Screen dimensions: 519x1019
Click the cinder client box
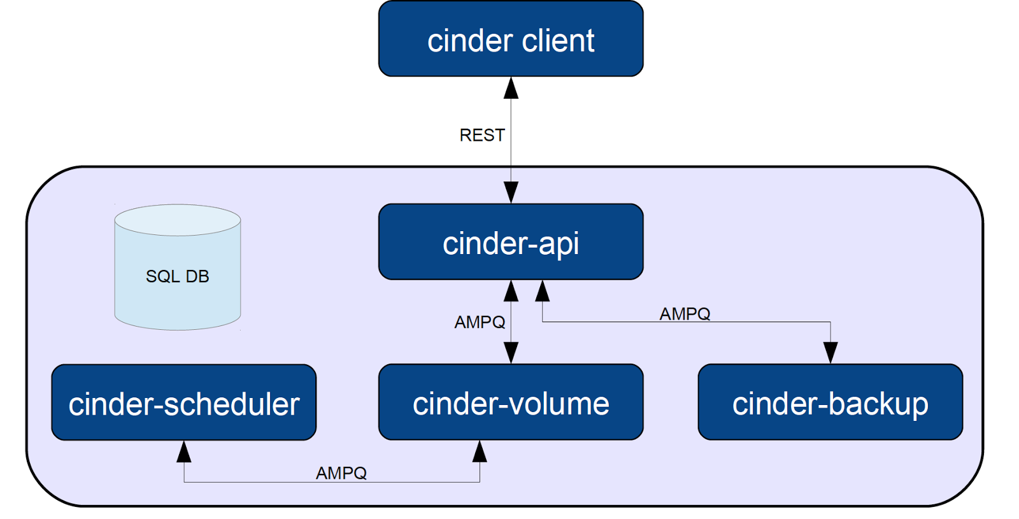click(x=510, y=39)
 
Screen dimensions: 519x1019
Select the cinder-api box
click(x=510, y=242)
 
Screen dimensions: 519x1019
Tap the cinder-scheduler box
click(x=183, y=402)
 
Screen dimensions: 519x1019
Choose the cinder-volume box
click(x=510, y=402)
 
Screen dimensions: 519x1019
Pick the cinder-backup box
click(x=830, y=402)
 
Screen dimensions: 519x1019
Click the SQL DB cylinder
click(x=177, y=280)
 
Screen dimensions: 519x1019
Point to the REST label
click(x=482, y=135)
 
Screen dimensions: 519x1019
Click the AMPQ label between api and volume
click(x=480, y=322)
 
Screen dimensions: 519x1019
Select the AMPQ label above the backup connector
click(x=685, y=314)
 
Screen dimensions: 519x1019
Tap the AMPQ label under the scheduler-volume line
click(x=341, y=473)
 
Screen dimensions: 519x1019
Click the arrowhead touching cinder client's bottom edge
click(x=511, y=89)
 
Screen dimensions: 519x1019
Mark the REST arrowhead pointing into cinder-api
click(x=511, y=192)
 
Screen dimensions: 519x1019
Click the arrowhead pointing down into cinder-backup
click(x=830, y=352)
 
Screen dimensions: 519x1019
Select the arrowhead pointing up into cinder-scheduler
click(x=184, y=451)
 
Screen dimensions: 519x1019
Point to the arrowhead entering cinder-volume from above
click(x=511, y=352)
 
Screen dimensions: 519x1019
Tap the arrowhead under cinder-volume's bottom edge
click(x=480, y=451)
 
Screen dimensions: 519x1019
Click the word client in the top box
click(x=558, y=41)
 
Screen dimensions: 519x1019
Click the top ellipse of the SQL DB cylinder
click(x=177, y=220)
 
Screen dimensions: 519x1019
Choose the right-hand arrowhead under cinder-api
click(x=542, y=291)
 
